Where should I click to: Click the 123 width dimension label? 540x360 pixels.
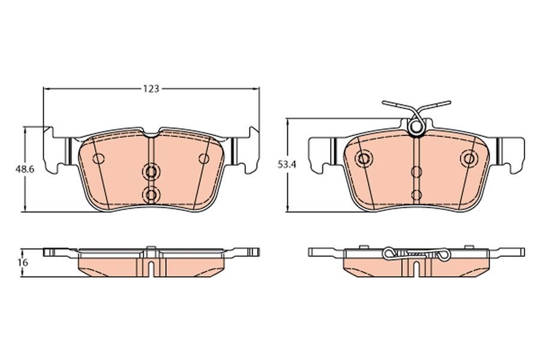click(x=152, y=89)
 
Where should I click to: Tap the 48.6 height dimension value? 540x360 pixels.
click(x=25, y=169)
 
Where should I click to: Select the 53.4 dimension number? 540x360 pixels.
click(x=287, y=164)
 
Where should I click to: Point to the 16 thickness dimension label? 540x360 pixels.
click(x=24, y=262)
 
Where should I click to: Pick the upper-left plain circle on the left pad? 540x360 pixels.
click(x=99, y=159)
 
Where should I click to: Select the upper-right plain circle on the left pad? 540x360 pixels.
click(x=204, y=159)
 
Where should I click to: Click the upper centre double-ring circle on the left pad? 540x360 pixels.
click(x=151, y=171)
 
